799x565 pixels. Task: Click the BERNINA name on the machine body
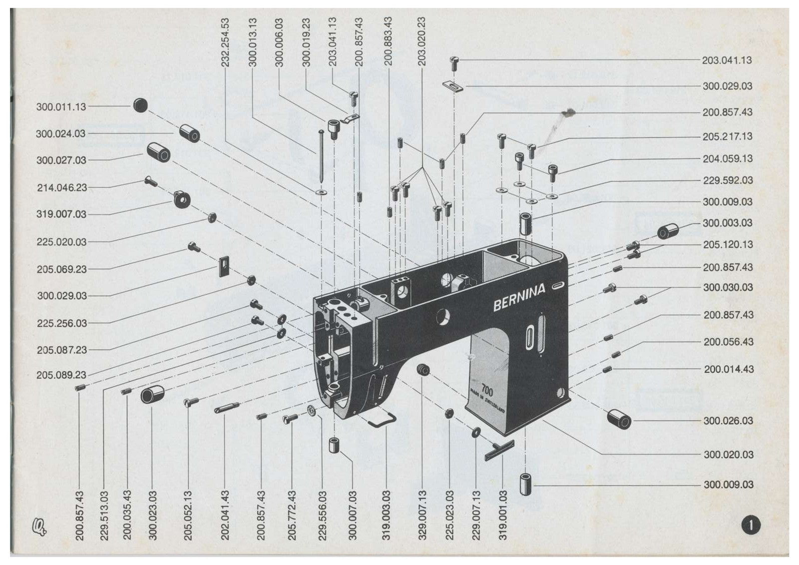click(519, 297)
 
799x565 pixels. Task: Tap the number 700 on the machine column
click(487, 390)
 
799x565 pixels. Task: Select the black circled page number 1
click(751, 525)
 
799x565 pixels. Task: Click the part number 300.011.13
click(61, 107)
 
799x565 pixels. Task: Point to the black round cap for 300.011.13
click(140, 105)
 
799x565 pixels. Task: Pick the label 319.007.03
click(61, 214)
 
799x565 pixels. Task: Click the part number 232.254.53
click(225, 42)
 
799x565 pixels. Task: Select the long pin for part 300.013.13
click(322, 157)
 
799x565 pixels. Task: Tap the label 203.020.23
click(422, 41)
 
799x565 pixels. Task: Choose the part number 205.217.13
click(728, 136)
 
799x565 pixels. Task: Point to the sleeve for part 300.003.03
click(668, 231)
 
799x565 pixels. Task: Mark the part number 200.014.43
click(729, 369)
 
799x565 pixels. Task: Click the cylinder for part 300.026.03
click(619, 419)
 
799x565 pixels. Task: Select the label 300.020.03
click(729, 455)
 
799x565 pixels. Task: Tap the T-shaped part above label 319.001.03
click(500, 450)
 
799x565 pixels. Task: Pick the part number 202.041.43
click(225, 516)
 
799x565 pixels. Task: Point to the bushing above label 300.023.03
click(152, 394)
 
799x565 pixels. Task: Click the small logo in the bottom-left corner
click(39, 527)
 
